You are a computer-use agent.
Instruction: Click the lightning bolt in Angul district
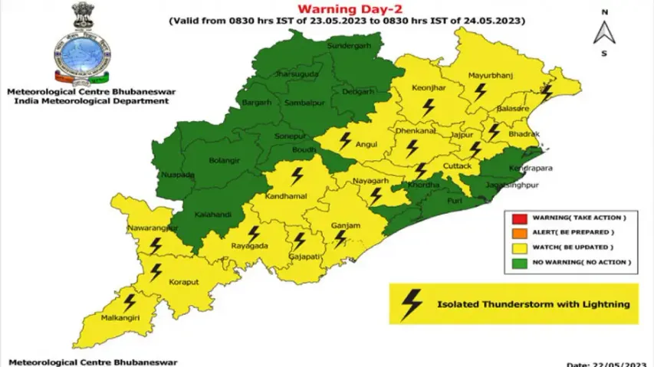point(346,140)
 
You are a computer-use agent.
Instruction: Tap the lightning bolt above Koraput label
point(156,270)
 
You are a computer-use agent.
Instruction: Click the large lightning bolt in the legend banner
point(412,304)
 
